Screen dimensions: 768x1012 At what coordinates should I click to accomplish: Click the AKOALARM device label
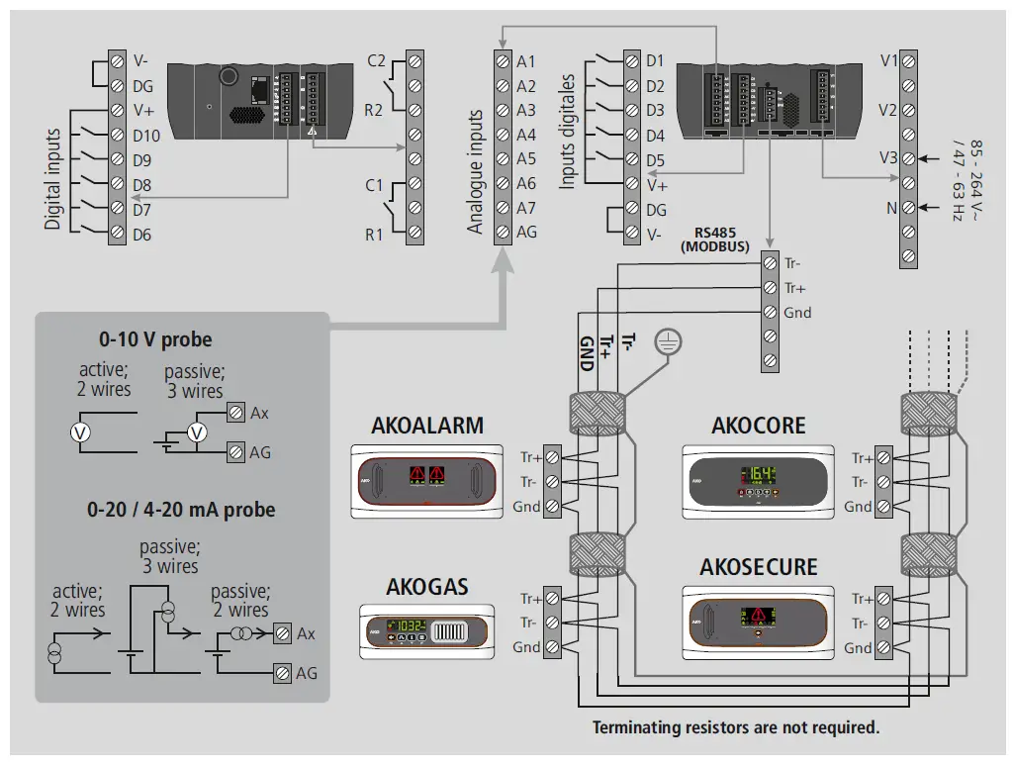427,426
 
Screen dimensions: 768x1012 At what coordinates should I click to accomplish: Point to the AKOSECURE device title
759,567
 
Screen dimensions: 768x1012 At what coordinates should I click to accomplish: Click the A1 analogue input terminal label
526,62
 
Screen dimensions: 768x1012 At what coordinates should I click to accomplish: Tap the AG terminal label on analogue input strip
526,232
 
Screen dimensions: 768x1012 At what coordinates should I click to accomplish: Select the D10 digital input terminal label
145,135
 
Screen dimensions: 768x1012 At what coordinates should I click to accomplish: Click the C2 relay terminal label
376,61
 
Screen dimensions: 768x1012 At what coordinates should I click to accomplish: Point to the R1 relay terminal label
374,235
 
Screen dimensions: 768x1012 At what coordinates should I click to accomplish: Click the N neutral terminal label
890,208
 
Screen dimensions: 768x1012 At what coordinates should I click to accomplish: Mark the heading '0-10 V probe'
155,339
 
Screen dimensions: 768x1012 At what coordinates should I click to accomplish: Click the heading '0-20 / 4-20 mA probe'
181,511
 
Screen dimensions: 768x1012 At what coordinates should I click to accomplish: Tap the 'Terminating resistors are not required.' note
735,727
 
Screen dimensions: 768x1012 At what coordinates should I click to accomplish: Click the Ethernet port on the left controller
258,91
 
